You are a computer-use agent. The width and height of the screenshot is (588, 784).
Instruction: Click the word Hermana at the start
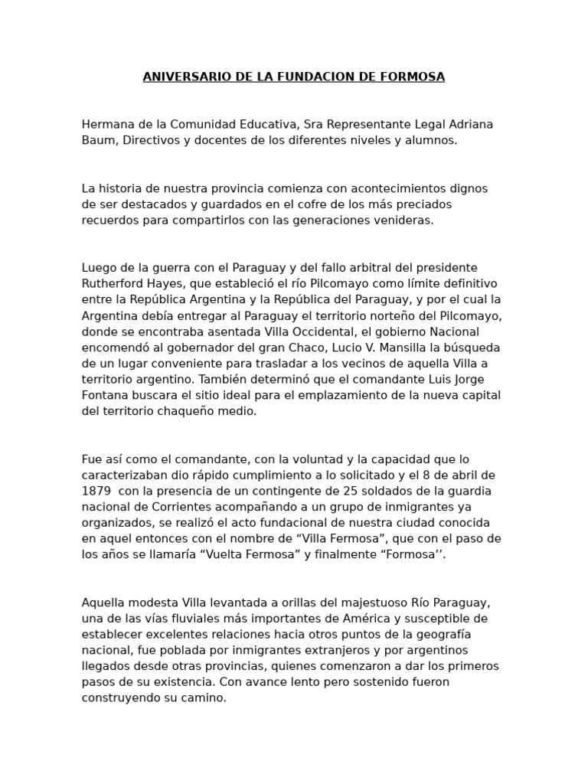tap(106, 124)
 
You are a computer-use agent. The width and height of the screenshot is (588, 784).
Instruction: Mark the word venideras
tap(405, 220)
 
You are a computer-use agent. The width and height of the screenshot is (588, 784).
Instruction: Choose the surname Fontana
tap(106, 395)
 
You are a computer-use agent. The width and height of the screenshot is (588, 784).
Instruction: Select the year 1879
tap(96, 491)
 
